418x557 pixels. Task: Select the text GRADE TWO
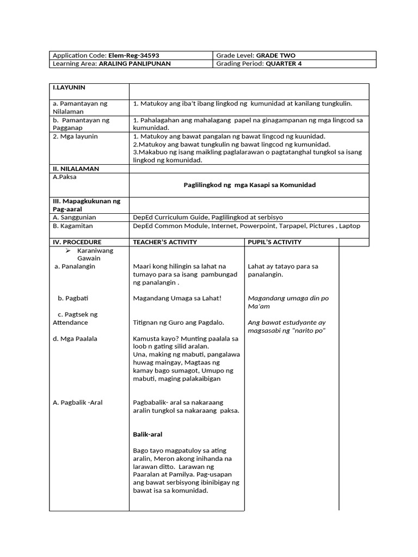point(275,55)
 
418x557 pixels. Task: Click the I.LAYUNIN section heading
point(69,87)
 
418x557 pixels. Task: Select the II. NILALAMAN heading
point(76,169)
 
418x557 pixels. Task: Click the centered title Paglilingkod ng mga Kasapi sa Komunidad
point(249,185)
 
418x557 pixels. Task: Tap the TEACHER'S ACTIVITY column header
point(165,242)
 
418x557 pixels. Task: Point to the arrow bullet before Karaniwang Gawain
point(68,250)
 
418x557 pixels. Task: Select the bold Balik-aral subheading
point(147,435)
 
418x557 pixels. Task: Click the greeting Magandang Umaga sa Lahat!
point(177,298)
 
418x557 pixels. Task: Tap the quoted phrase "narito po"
point(307,331)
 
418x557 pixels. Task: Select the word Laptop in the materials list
point(349,226)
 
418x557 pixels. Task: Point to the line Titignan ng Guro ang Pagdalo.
point(178,323)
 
